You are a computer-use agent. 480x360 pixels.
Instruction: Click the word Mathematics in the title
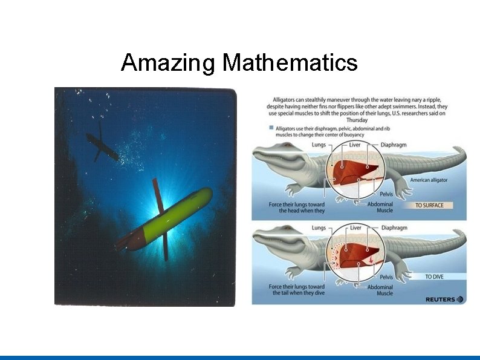click(x=290, y=62)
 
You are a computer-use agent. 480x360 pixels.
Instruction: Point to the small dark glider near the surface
click(x=102, y=146)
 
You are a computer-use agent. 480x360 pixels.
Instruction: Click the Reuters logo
click(x=444, y=299)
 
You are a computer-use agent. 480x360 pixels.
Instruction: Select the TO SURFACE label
click(x=429, y=205)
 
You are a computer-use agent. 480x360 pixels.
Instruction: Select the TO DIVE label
click(x=433, y=277)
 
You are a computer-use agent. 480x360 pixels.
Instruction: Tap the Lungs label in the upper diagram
click(x=319, y=145)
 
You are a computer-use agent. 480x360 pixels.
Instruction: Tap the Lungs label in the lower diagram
click(x=319, y=228)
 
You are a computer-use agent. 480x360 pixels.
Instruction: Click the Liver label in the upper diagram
click(x=355, y=145)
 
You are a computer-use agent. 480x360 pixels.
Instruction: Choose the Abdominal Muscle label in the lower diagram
click(x=380, y=290)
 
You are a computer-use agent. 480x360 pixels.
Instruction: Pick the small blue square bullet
click(x=270, y=128)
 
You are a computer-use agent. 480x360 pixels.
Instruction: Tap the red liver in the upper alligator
click(x=357, y=171)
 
